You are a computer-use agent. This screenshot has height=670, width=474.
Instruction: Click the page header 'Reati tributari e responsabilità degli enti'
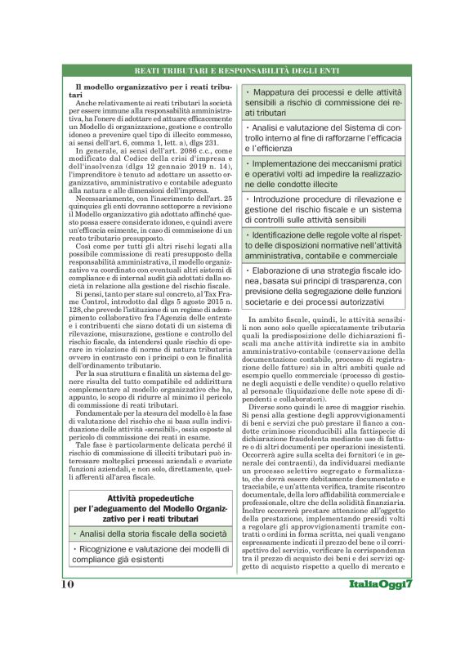click(x=237, y=72)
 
